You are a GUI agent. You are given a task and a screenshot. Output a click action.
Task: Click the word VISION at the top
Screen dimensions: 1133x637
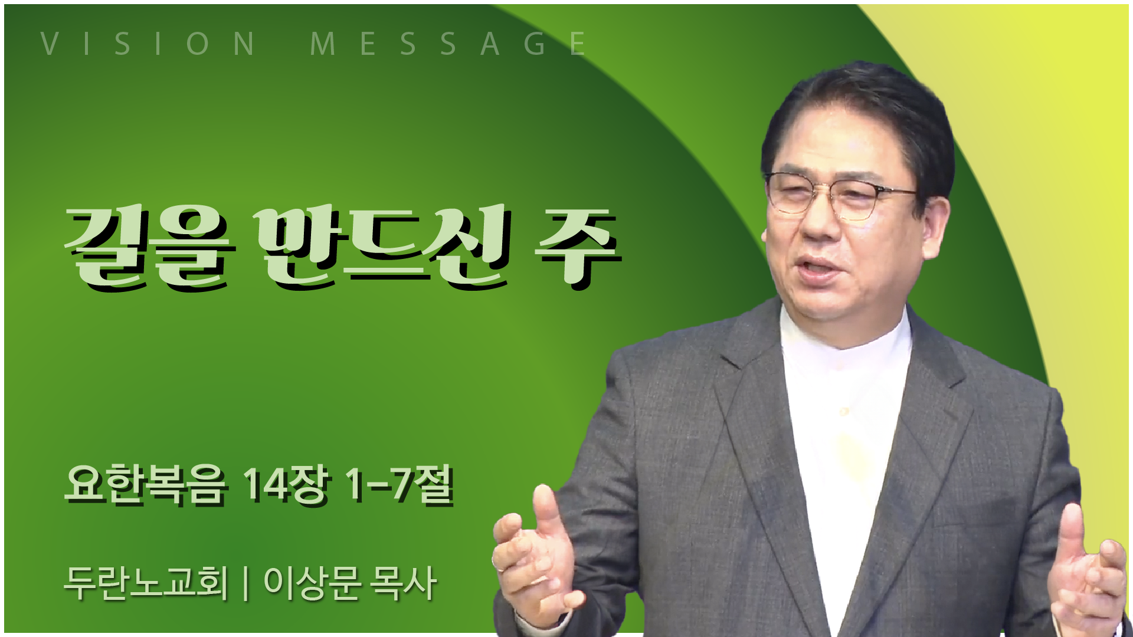point(148,44)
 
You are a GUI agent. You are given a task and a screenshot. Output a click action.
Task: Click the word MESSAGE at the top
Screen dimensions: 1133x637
point(448,44)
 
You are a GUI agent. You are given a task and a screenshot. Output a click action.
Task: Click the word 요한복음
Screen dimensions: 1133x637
point(145,485)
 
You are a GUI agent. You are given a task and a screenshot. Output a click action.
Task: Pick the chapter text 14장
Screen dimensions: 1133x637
point(287,485)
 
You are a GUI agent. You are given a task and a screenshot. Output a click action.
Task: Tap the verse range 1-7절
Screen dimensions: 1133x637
point(400,485)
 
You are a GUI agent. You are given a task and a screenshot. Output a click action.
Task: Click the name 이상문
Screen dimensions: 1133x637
point(313,583)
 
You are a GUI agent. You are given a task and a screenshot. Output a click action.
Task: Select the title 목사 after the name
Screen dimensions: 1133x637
point(403,583)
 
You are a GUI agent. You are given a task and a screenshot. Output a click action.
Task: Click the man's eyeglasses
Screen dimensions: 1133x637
point(841,195)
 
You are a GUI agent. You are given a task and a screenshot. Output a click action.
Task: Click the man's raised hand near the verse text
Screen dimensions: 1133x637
point(535,560)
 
